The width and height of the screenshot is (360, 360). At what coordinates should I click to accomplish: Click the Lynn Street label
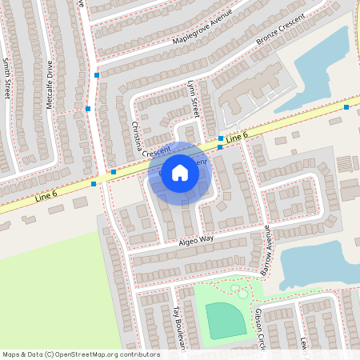coord(192,99)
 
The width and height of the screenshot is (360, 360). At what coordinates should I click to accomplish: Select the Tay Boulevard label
coord(178,326)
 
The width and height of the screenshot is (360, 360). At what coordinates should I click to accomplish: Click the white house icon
coord(180,172)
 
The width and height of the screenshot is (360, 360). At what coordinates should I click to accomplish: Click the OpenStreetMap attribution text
coord(80,354)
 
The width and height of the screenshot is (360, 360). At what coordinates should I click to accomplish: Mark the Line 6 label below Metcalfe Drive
coord(46,194)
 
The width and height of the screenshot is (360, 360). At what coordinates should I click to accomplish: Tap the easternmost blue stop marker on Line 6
coord(346,106)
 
